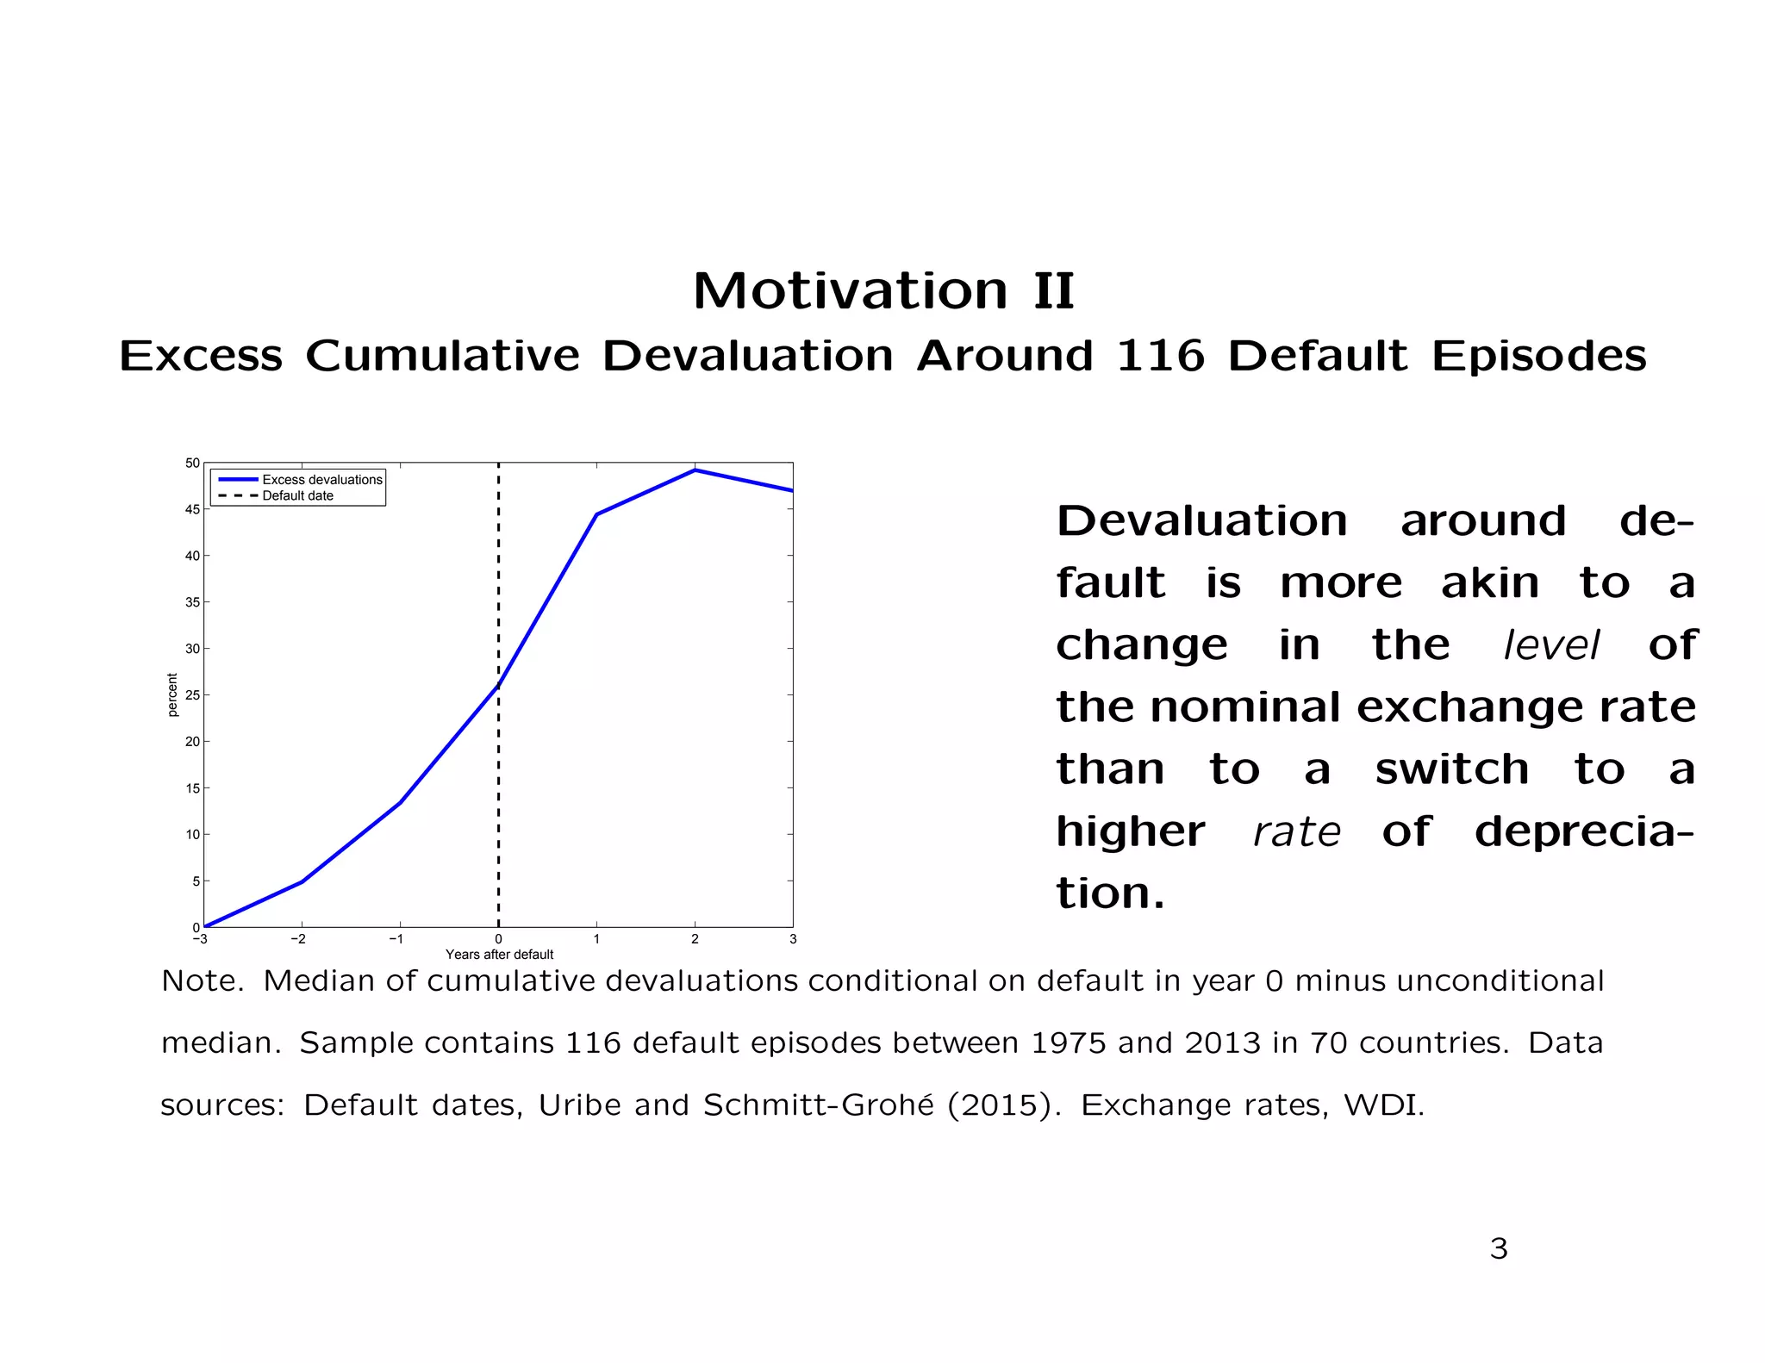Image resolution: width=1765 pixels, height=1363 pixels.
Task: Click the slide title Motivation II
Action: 883,291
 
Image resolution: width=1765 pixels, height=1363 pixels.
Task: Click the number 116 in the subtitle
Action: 1159,356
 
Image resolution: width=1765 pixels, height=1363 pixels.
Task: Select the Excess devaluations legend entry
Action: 321,480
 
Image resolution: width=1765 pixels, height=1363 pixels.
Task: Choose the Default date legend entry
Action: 297,496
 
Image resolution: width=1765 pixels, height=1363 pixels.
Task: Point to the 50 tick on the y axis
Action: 192,464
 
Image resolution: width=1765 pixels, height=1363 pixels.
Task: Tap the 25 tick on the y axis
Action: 192,695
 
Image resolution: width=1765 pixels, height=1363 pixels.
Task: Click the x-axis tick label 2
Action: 695,939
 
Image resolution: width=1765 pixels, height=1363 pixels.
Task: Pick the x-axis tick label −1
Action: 396,939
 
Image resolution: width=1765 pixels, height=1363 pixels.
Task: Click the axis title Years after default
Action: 499,955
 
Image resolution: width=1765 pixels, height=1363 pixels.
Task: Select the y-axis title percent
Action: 172,695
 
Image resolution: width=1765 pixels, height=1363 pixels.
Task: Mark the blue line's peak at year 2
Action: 695,470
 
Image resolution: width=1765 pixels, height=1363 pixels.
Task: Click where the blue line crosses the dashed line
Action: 498,686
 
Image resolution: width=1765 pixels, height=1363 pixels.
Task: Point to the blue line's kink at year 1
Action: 596,514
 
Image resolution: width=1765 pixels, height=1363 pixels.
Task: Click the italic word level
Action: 1550,645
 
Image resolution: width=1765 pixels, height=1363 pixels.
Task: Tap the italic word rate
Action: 1296,832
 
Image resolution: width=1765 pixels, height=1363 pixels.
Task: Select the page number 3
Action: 1499,1248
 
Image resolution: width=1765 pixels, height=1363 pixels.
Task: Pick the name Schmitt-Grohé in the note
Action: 818,1105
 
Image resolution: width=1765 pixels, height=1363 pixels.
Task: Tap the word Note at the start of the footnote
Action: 201,981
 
